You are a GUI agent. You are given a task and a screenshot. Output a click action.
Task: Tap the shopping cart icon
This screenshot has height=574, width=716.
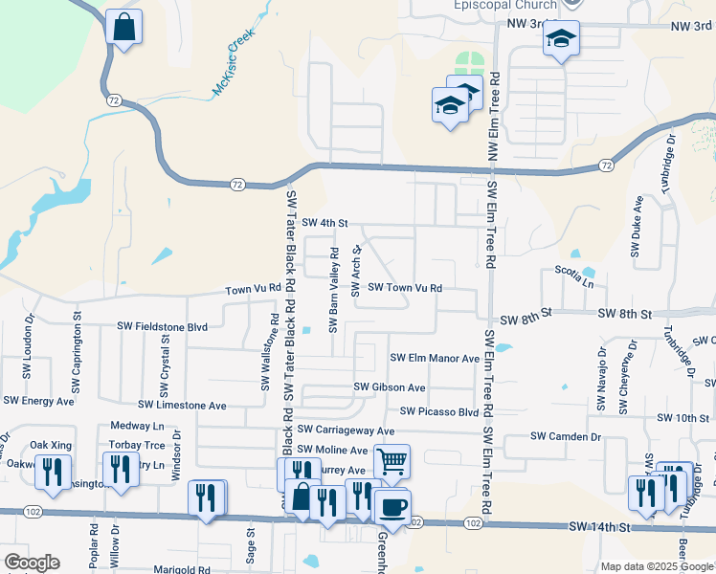coord(392,461)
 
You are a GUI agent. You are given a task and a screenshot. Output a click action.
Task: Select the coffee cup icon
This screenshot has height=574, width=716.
coord(392,506)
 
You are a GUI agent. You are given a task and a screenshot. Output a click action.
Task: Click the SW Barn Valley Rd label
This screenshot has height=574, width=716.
coord(334,291)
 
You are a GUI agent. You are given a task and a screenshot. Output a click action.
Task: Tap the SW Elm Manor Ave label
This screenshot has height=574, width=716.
coord(435,358)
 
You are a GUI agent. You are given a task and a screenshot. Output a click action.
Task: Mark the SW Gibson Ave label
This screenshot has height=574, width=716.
coord(390,386)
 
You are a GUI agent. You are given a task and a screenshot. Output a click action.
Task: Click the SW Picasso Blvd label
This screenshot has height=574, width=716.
coord(439,411)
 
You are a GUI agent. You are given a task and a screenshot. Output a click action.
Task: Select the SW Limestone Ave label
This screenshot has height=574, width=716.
coord(182,406)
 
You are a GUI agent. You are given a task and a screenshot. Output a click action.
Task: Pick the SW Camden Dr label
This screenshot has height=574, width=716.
coord(566,436)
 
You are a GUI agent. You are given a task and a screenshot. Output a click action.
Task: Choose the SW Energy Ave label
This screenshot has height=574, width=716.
coord(38,401)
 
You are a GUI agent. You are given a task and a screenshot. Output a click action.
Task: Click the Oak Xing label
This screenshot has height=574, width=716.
coord(51,445)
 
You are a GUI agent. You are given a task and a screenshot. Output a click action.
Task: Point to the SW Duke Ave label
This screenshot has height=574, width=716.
coord(636,227)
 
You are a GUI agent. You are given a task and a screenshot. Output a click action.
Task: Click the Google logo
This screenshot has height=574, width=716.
coord(32,562)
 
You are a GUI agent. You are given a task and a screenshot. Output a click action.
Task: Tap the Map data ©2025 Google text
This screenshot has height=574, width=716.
coord(657,566)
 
